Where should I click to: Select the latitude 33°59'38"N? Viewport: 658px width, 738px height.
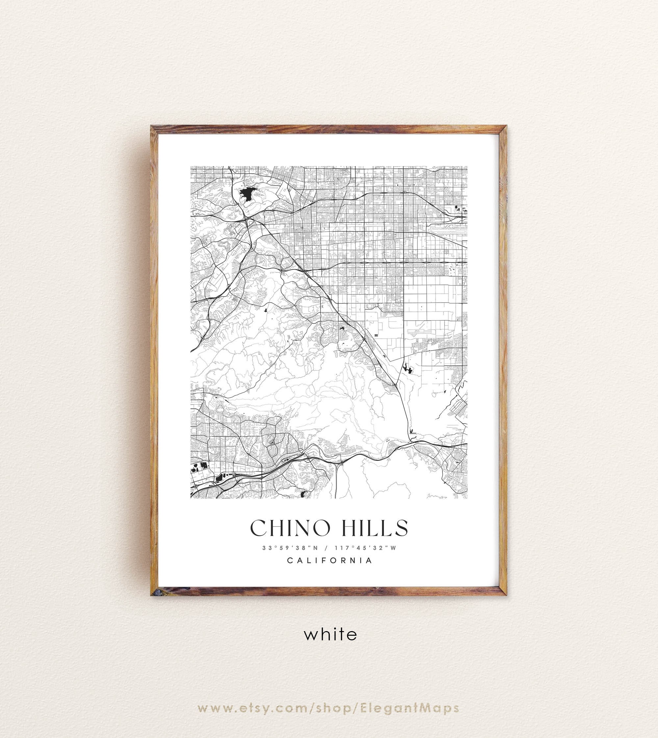click(x=290, y=548)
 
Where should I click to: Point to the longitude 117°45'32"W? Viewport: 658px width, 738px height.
click(x=366, y=548)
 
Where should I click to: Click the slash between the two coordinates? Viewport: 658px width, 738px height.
click(x=326, y=548)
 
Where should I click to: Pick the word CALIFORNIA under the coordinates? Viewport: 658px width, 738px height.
click(x=329, y=560)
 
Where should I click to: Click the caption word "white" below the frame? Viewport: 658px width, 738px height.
click(x=330, y=634)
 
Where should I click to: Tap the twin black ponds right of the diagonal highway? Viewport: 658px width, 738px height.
click(x=407, y=369)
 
